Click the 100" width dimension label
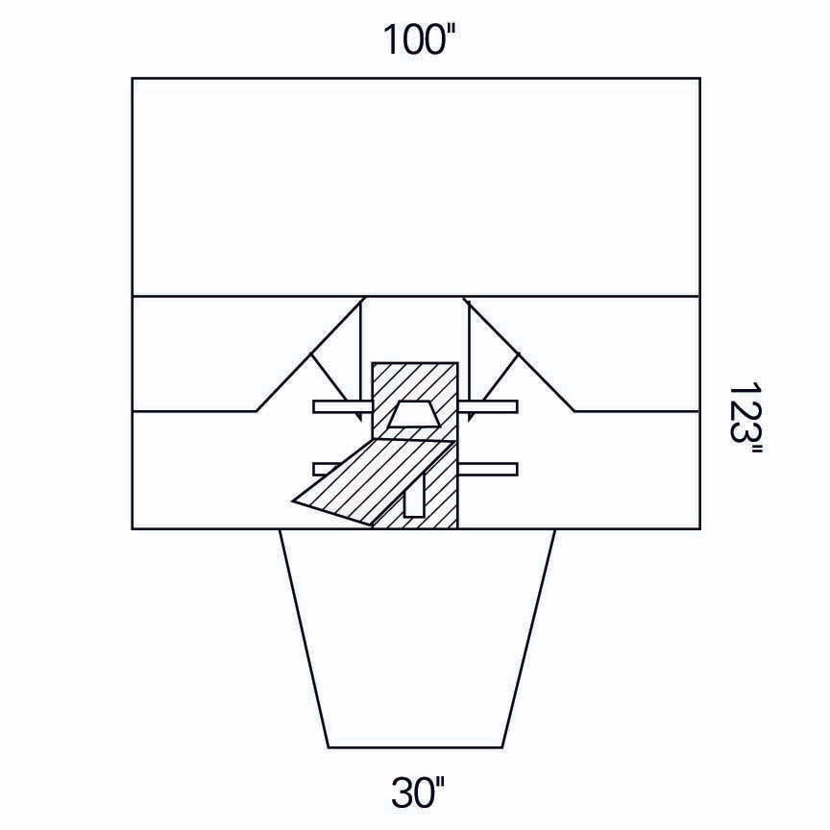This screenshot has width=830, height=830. [419, 39]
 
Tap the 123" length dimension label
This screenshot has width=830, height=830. [745, 419]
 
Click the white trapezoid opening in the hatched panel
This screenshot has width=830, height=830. [414, 414]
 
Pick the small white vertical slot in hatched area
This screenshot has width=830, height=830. [414, 495]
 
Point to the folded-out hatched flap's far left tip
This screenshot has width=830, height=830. [293, 500]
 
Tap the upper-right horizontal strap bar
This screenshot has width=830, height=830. [487, 406]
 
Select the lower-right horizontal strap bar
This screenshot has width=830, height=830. [487, 469]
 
